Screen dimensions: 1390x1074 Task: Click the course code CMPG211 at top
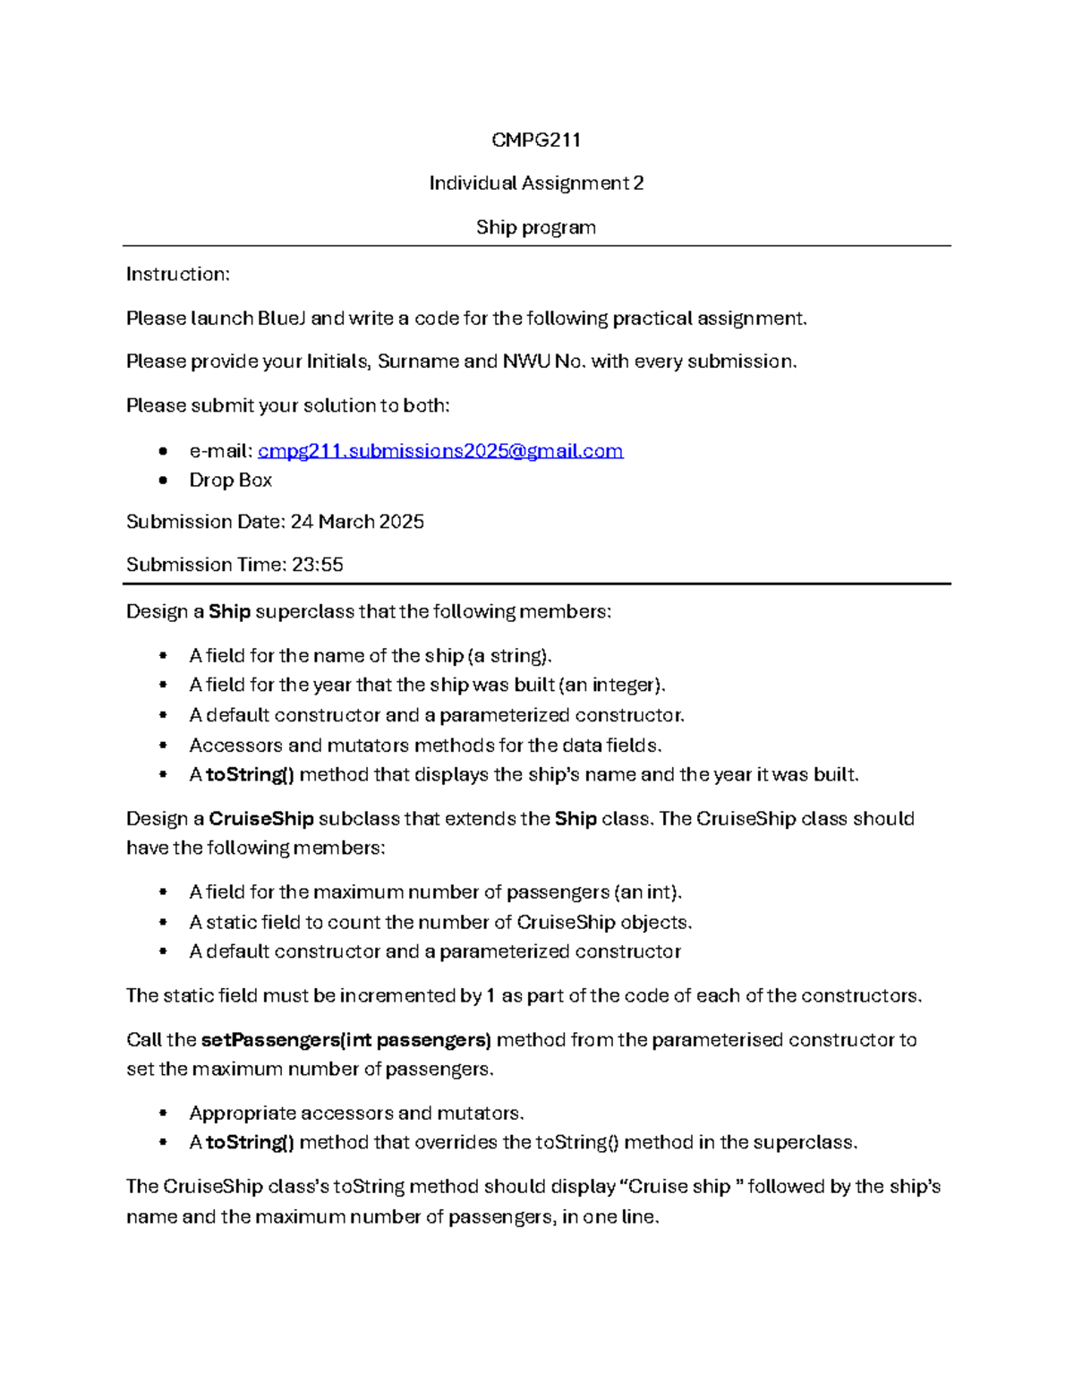tap(536, 140)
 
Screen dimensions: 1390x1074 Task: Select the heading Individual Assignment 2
tap(536, 183)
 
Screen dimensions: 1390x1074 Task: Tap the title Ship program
tap(536, 227)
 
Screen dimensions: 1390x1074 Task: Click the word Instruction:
tap(178, 275)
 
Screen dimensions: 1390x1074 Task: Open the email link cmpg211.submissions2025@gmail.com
tap(440, 451)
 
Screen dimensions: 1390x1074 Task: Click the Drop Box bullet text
tap(230, 481)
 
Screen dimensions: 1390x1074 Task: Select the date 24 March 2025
tap(357, 522)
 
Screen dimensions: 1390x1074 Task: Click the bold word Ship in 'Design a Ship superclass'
tap(229, 612)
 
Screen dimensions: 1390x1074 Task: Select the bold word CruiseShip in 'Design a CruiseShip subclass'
tap(260, 819)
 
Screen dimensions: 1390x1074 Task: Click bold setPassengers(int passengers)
tap(345, 1040)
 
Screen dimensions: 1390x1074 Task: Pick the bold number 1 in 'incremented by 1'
tap(490, 996)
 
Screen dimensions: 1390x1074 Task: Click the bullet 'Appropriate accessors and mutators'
tap(356, 1113)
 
